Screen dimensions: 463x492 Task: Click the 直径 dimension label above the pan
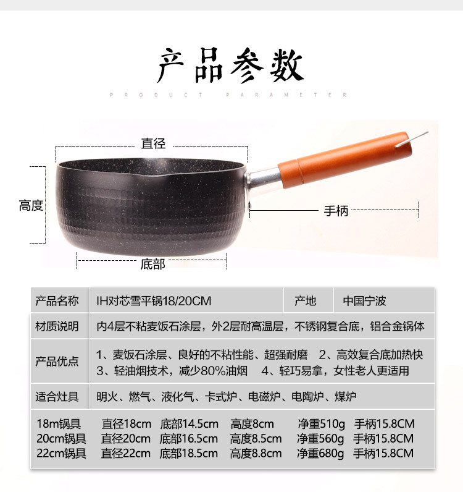click(153, 144)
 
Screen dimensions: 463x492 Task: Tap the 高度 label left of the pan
click(31, 206)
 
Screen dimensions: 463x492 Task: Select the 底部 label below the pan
click(152, 264)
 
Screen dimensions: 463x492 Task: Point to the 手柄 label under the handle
click(336, 211)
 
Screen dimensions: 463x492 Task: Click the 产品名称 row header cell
click(57, 300)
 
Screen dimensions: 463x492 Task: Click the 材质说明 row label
click(57, 326)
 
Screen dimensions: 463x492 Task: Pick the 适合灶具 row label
click(57, 397)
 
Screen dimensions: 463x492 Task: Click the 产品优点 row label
click(57, 362)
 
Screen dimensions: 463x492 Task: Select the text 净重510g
click(321, 424)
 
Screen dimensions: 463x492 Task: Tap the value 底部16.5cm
click(189, 439)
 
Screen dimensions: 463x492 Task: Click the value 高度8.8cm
click(256, 454)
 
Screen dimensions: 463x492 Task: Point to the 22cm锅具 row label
click(61, 454)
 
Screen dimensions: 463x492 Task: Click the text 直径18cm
click(127, 424)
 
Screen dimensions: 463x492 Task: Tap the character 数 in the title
click(286, 67)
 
